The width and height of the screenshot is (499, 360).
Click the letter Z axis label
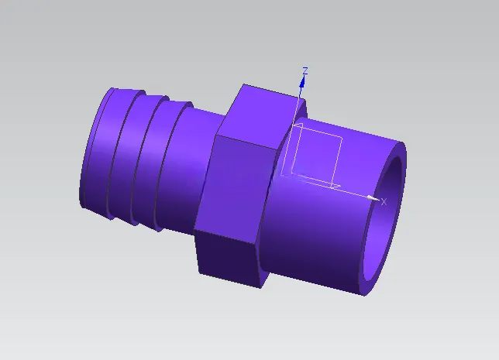click(305, 70)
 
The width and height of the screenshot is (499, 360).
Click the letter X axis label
click(384, 202)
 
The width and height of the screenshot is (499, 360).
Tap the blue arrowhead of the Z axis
click(302, 81)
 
